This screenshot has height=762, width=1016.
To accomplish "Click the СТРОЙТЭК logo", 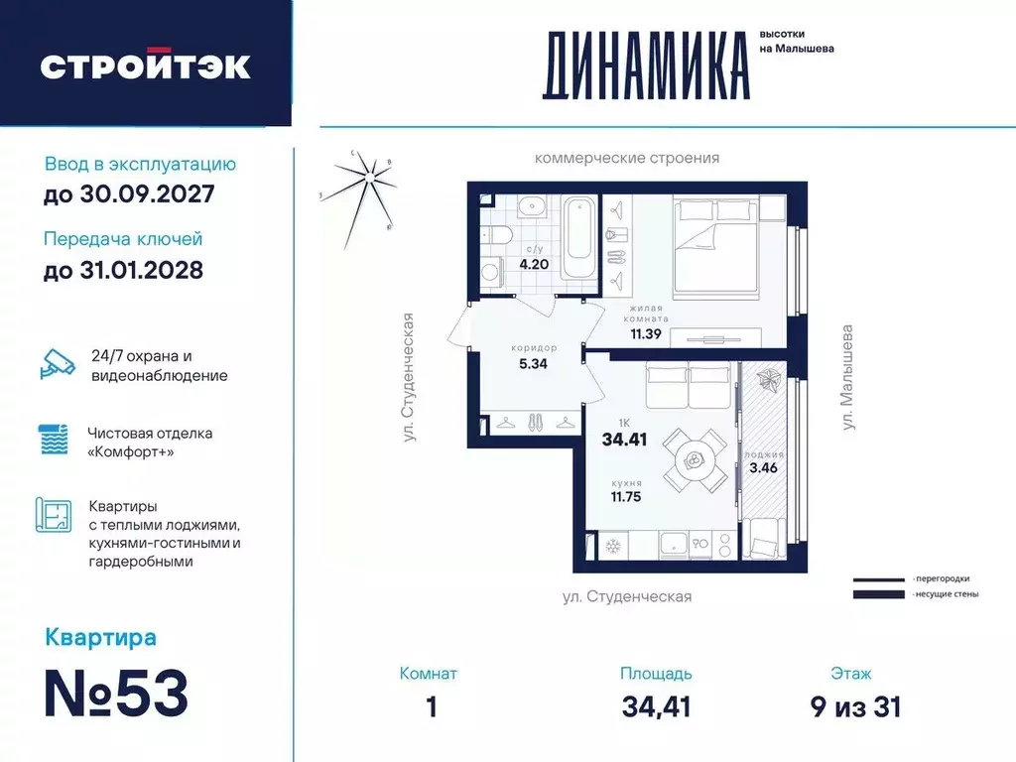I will point(145,65).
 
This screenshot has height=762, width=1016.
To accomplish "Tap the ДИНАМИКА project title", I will point(645,65).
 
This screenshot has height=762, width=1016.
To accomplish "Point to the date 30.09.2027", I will point(129,194).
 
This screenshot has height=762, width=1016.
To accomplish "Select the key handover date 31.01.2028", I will point(124,269).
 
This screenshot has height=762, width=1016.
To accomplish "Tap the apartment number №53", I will point(117,695).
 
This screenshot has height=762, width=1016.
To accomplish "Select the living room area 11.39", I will point(647,333).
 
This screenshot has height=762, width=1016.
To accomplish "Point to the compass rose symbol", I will point(368,184).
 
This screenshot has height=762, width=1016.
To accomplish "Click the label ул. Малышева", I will point(848,376).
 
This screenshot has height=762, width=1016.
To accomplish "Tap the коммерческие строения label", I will point(626,158).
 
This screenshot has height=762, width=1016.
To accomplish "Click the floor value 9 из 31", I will point(854,706).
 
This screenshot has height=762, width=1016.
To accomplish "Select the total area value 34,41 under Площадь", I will point(656,706).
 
